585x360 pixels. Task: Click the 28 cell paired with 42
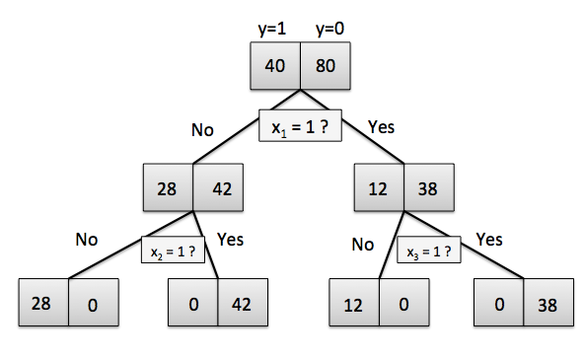168,187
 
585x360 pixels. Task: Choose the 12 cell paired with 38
379,187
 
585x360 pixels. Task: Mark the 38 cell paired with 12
429,187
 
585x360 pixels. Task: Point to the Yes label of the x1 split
382,126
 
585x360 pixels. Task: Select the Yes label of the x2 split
229,239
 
